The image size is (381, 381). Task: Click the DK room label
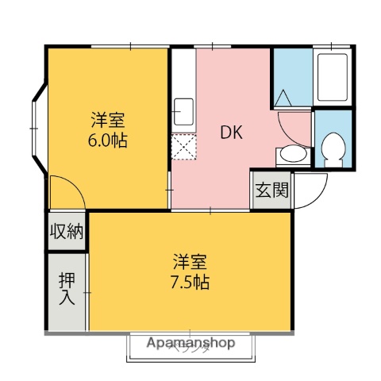(x=232, y=132)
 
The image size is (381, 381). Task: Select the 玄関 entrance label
(x=271, y=190)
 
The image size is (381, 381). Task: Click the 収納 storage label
(x=67, y=232)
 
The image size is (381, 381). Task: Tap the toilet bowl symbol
(x=333, y=148)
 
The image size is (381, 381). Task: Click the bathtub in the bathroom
(x=333, y=76)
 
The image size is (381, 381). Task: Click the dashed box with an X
(x=183, y=147)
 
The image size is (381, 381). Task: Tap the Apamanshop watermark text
(x=191, y=343)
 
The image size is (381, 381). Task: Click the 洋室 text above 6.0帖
(x=107, y=121)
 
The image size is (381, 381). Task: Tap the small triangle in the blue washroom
(x=283, y=99)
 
